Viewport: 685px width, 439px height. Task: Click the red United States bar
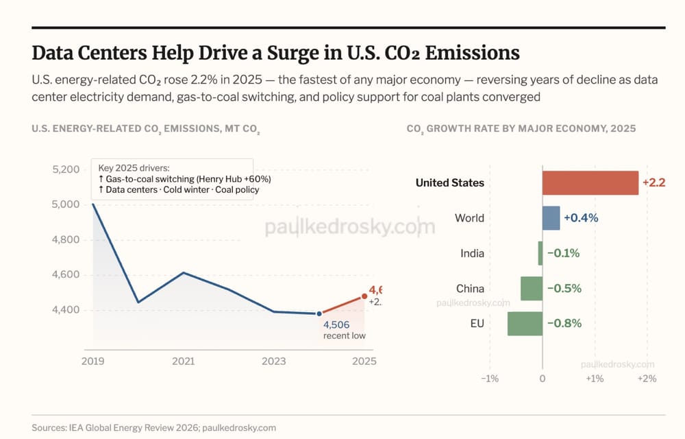tap(590, 182)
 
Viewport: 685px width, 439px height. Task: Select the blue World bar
tap(551, 218)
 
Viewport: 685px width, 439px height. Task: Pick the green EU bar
tap(525, 323)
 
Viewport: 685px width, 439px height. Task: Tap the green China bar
tap(531, 288)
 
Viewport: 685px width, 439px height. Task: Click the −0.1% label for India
tap(563, 253)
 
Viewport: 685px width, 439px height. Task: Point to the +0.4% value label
tap(581, 218)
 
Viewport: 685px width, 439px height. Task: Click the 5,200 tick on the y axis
tap(66, 169)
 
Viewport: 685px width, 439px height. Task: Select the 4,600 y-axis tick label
tap(66, 274)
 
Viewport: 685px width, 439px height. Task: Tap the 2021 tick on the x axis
tap(183, 361)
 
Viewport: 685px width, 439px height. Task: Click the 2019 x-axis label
tap(92, 361)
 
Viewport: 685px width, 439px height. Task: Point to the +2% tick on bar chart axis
tap(647, 379)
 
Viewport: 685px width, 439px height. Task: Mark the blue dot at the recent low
tap(319, 313)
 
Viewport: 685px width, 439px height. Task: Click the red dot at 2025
tap(364, 296)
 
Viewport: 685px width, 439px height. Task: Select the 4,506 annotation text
tap(336, 324)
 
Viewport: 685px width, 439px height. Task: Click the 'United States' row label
tap(449, 182)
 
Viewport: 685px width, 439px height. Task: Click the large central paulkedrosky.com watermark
tap(349, 227)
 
